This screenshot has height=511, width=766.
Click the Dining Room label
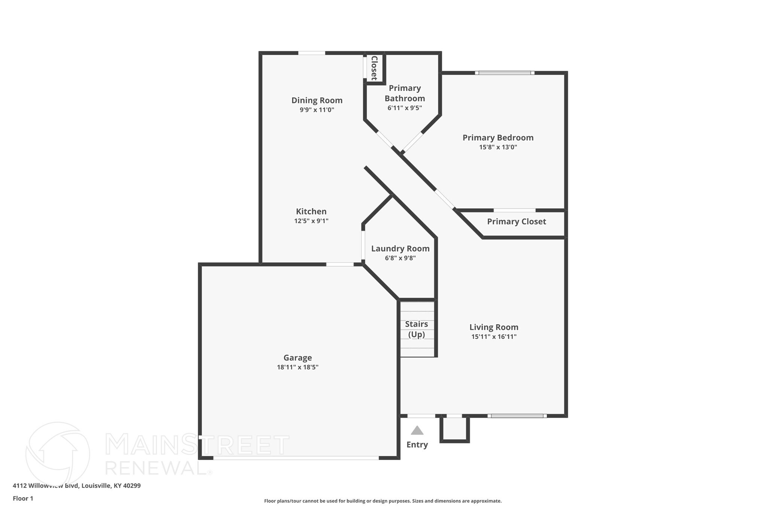317,100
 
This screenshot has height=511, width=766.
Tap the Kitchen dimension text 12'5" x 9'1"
311,221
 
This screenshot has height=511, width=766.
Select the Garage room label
297,358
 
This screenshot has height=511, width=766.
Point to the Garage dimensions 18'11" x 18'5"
297,367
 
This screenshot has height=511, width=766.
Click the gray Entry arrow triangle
417,431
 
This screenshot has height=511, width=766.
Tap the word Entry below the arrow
417,445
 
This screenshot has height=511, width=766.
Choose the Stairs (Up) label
416,329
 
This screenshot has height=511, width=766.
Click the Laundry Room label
400,249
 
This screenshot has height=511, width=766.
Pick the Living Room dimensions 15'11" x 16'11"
494,337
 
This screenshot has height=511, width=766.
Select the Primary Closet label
516,222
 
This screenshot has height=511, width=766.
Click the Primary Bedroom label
498,138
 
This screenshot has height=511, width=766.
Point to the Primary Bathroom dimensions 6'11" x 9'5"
405,108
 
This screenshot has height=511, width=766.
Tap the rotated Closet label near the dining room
374,68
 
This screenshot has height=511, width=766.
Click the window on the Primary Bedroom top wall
505,73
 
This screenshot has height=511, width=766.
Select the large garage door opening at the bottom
296,457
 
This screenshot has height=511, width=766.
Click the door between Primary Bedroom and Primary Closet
514,210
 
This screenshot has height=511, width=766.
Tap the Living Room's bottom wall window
517,416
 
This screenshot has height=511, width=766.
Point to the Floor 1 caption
23,499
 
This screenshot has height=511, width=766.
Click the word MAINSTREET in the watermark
197,445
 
